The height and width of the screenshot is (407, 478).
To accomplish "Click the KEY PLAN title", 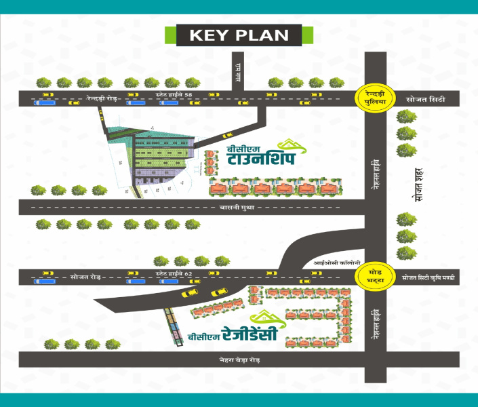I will pyautogui.click(x=239, y=35).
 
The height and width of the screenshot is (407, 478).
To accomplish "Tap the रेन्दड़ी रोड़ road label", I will pyautogui.click(x=102, y=99).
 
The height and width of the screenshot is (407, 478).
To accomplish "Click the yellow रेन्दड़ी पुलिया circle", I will pyautogui.click(x=375, y=98).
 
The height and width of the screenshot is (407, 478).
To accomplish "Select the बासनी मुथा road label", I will pyautogui.click(x=237, y=208).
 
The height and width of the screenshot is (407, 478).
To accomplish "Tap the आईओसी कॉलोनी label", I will pyautogui.click(x=331, y=262).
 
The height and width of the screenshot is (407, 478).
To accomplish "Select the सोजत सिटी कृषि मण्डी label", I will pyautogui.click(x=430, y=278).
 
